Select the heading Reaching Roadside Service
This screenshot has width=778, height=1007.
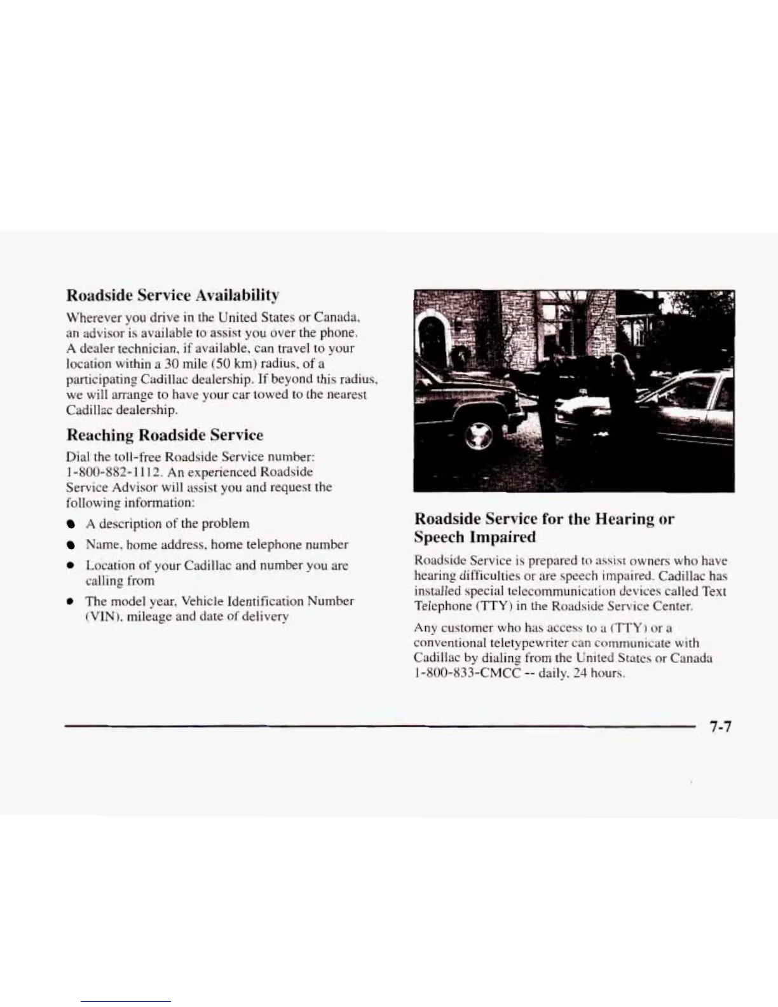(165, 435)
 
